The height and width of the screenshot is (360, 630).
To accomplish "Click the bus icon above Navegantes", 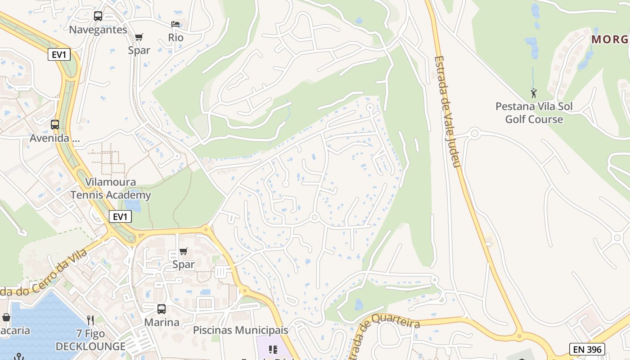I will (98, 17).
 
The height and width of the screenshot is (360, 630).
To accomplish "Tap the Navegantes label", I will (98, 30).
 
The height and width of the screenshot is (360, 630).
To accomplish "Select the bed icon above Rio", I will (175, 24).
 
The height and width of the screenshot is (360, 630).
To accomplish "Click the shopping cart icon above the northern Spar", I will (139, 37).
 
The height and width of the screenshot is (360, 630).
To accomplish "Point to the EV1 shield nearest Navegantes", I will (59, 55).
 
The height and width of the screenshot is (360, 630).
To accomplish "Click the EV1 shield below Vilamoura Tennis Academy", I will (120, 217).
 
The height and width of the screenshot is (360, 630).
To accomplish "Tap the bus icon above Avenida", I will (55, 125).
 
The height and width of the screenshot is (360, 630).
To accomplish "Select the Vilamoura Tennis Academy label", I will (111, 189).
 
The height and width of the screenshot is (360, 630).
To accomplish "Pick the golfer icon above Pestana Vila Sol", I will (534, 94).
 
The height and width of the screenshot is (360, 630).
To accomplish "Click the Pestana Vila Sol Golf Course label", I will (534, 113).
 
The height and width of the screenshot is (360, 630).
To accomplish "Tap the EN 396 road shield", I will (587, 349).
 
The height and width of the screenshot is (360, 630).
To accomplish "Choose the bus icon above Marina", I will (162, 309).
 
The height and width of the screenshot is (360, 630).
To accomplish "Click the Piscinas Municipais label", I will (240, 330).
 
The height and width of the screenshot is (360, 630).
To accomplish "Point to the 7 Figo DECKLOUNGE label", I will (90, 340).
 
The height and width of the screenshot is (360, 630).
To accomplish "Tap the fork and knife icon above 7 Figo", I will (90, 320).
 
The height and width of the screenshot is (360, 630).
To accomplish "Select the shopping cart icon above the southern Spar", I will (184, 252).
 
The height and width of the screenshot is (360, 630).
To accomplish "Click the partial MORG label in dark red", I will (610, 40).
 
